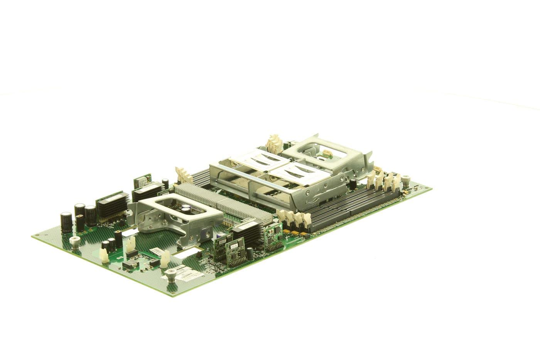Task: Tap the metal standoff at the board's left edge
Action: pyautogui.click(x=73, y=242)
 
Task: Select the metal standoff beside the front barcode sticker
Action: pyautogui.click(x=170, y=275)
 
